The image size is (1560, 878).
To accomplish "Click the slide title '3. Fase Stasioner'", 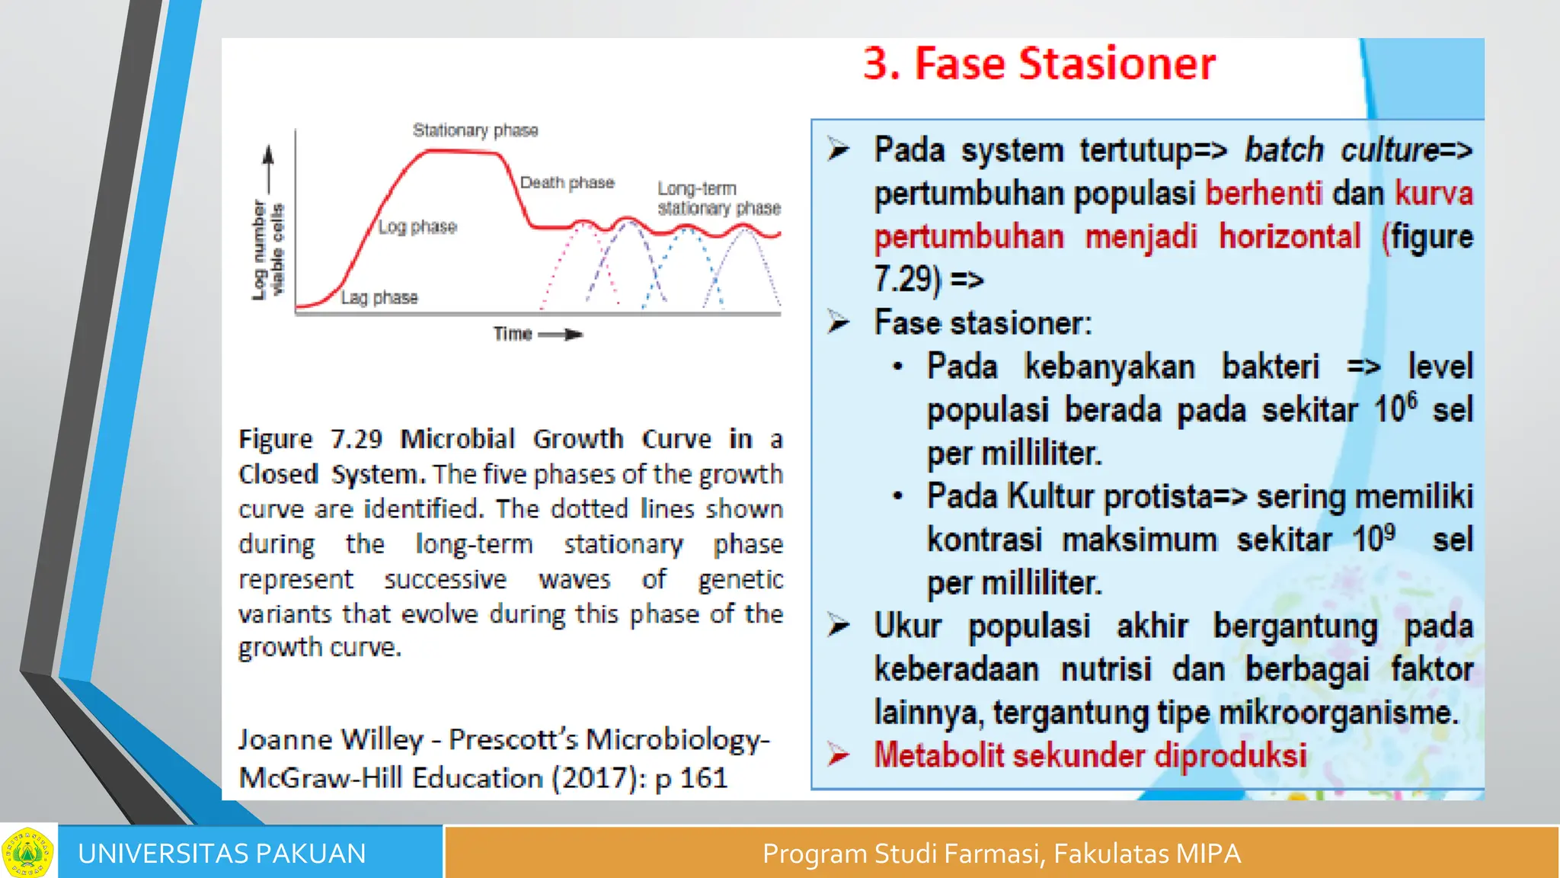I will tap(1039, 63).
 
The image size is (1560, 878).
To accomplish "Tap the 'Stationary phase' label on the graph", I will tap(475, 130).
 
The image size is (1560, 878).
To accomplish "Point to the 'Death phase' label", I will tap(567, 183).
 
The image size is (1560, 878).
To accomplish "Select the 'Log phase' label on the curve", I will tap(417, 227).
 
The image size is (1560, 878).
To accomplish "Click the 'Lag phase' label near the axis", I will tap(379, 297).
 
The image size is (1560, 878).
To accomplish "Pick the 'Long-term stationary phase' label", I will tap(718, 198).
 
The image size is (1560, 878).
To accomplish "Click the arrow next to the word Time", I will tap(561, 335).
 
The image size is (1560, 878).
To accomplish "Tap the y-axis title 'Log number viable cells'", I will tap(267, 249).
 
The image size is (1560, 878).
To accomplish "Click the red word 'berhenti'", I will tap(1264, 193).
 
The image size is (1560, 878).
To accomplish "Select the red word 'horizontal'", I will tap(1290, 236).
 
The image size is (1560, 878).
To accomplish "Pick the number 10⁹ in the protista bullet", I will tap(1373, 538).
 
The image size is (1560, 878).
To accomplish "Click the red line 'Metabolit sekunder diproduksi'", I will tap(1090, 755).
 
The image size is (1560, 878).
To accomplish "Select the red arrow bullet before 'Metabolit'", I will tap(839, 755).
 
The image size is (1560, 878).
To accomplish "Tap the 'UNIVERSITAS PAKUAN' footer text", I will tap(222, 854).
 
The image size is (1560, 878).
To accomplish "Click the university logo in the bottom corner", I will tap(27, 851).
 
